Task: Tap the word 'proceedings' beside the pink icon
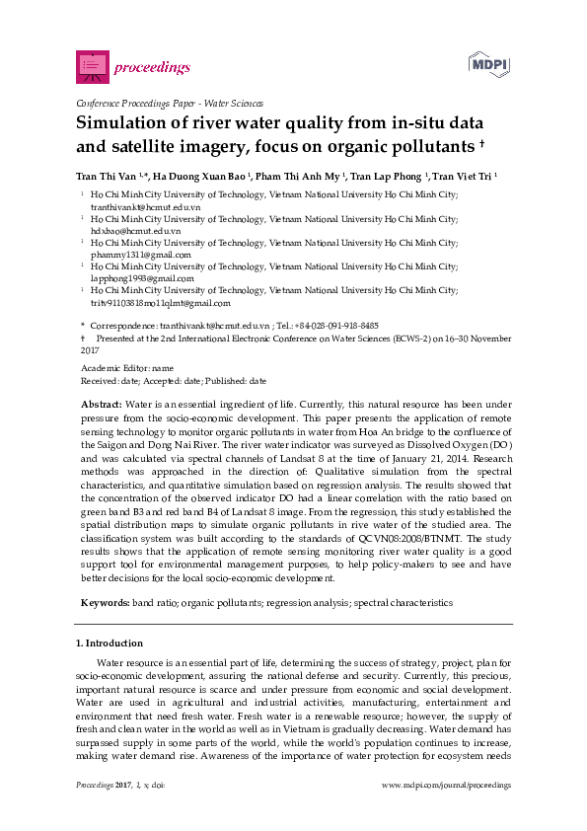(150, 67)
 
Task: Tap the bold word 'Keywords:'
(104, 601)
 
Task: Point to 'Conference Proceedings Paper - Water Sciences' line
(169, 103)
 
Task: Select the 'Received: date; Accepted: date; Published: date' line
(173, 380)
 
